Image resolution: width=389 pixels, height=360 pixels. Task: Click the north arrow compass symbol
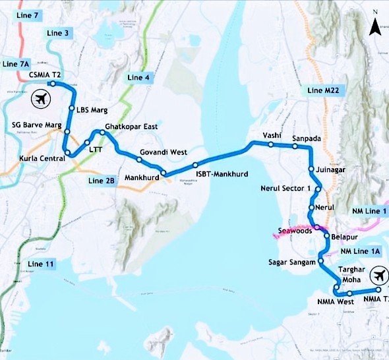tap(374, 27)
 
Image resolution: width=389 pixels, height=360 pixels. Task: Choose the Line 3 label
tap(59, 33)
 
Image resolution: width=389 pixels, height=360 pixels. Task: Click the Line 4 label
tap(138, 77)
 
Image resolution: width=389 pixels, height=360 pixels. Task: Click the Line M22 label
tap(323, 91)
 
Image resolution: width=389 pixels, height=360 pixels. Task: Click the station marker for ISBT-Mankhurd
tap(196, 165)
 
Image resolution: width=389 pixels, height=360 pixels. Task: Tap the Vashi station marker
tap(271, 144)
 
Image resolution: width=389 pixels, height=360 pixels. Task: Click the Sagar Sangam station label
tap(293, 262)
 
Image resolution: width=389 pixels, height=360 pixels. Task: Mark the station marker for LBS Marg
tap(72, 108)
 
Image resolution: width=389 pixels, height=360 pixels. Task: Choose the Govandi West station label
tap(163, 152)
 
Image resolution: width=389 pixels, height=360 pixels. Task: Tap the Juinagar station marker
tap(311, 169)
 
